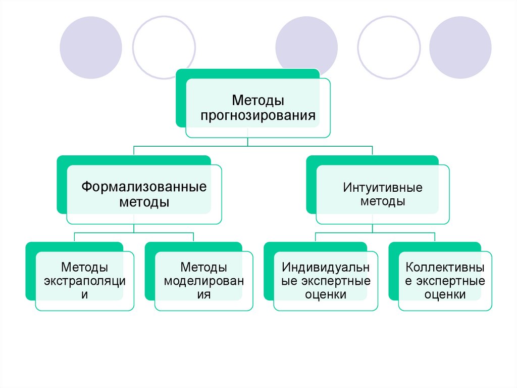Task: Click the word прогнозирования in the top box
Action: [x=258, y=116]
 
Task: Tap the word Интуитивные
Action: [x=383, y=188]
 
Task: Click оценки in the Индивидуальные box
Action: [x=326, y=295]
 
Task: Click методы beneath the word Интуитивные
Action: [x=383, y=201]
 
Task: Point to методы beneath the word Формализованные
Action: [x=144, y=202]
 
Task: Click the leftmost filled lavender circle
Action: [x=91, y=48]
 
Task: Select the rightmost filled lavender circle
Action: [x=460, y=48]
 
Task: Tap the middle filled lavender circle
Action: [x=306, y=48]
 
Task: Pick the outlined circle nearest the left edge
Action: [x=164, y=48]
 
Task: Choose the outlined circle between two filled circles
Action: [x=389, y=48]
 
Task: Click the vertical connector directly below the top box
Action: [x=248, y=141]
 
